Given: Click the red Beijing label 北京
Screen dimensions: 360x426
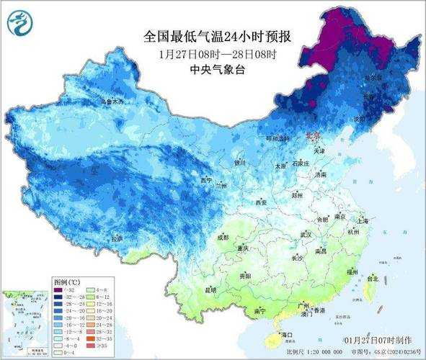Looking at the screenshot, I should pyautogui.click(x=312, y=135).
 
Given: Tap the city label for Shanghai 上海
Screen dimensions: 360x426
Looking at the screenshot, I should pyautogui.click(x=363, y=220).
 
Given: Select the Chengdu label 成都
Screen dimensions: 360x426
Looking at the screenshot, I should pyautogui.click(x=223, y=237).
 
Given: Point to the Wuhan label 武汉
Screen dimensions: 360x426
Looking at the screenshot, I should pyautogui.click(x=305, y=235).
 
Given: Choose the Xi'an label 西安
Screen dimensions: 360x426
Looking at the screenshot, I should pyautogui.click(x=261, y=203).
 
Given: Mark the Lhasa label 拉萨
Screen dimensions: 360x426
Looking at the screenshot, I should pyautogui.click(x=117, y=238).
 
